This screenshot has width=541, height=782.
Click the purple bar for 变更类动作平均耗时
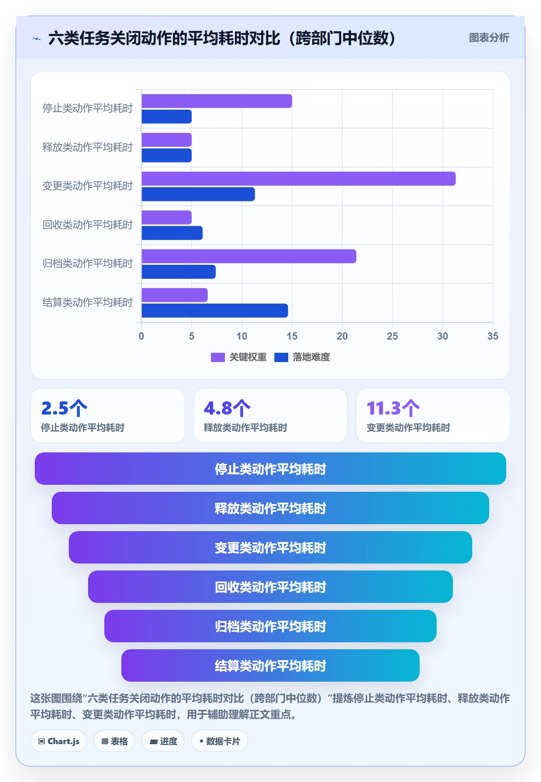point(299,179)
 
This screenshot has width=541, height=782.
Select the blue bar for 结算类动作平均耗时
point(215,311)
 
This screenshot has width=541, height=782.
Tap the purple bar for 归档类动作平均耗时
point(249,256)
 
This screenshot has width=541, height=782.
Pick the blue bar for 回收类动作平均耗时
point(172,233)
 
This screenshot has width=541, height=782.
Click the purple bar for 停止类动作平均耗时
point(217,101)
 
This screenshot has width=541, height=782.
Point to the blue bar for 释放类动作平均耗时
point(167,156)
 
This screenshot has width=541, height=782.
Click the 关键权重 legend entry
point(239,357)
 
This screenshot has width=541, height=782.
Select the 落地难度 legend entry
point(302,357)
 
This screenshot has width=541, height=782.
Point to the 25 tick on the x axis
point(392,336)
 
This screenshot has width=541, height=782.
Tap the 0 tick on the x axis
point(141,336)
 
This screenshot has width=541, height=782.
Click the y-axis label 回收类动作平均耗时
point(88,225)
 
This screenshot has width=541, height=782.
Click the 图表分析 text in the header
point(489,38)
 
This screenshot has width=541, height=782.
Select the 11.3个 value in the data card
point(393,408)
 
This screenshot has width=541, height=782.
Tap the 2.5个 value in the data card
point(64,408)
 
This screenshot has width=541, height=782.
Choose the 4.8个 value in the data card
point(227,408)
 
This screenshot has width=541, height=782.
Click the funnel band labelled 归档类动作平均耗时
point(270,626)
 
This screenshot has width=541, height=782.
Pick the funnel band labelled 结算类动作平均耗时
point(270,665)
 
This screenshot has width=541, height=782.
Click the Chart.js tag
point(59,741)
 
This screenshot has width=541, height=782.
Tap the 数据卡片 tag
point(219,741)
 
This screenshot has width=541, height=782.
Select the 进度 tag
point(163,741)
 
